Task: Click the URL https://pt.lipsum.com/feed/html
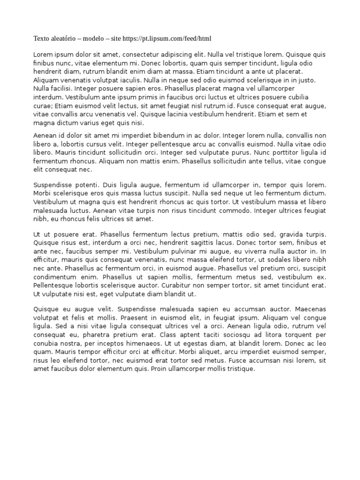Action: [x=174, y=38]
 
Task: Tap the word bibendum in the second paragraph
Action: [x=162, y=135]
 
